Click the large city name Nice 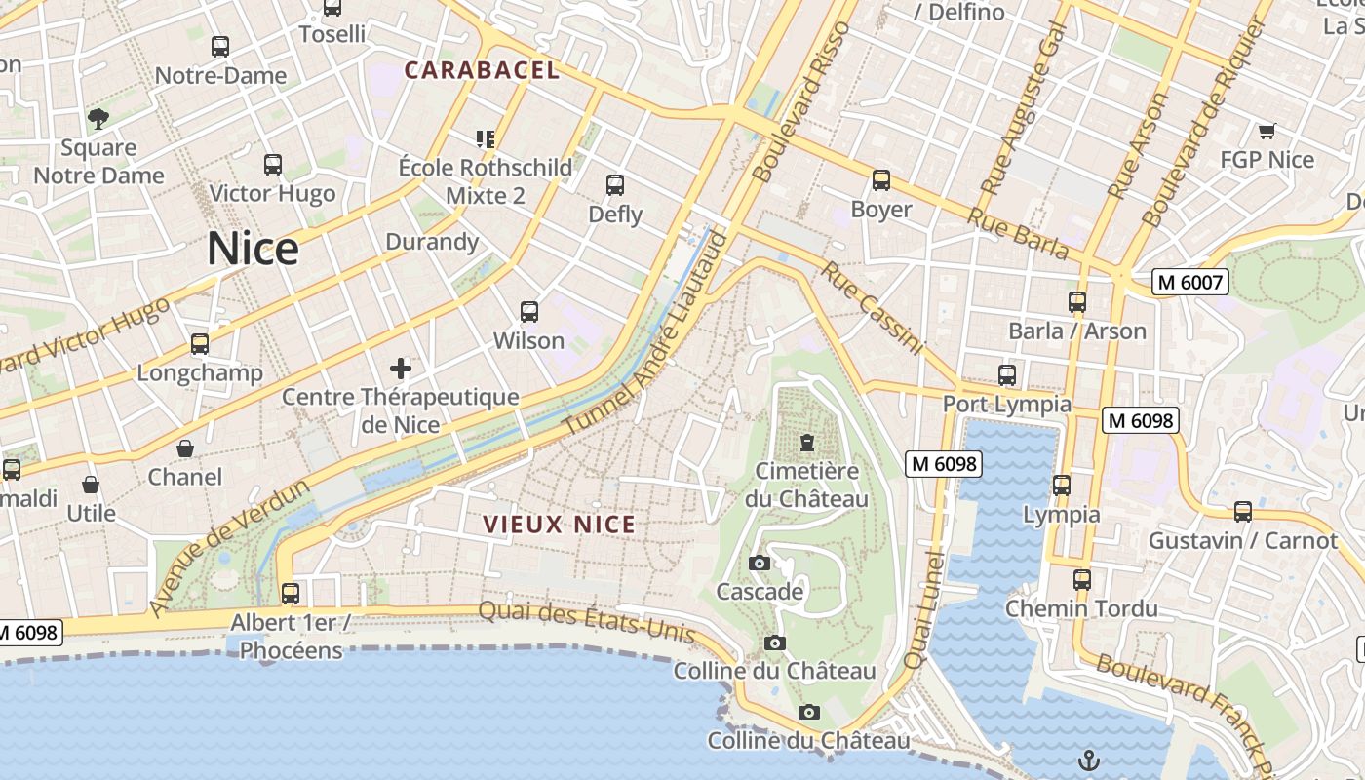pos(253,250)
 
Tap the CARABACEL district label pos(482,70)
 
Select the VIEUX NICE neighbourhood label pos(560,525)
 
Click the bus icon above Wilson pos(529,312)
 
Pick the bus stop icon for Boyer pos(881,180)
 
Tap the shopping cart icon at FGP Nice pos(1267,131)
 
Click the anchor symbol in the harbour pos(1088,760)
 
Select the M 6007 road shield pos(1189,283)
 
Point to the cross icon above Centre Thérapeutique pos(401,369)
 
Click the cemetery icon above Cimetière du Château pos(806,444)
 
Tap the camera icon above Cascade pos(760,563)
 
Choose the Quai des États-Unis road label pos(586,621)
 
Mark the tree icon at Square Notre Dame pos(97,119)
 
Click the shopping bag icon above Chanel pos(185,448)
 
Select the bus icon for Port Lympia pos(1007,374)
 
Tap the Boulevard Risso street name pos(802,101)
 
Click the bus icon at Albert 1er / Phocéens pos(290,593)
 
